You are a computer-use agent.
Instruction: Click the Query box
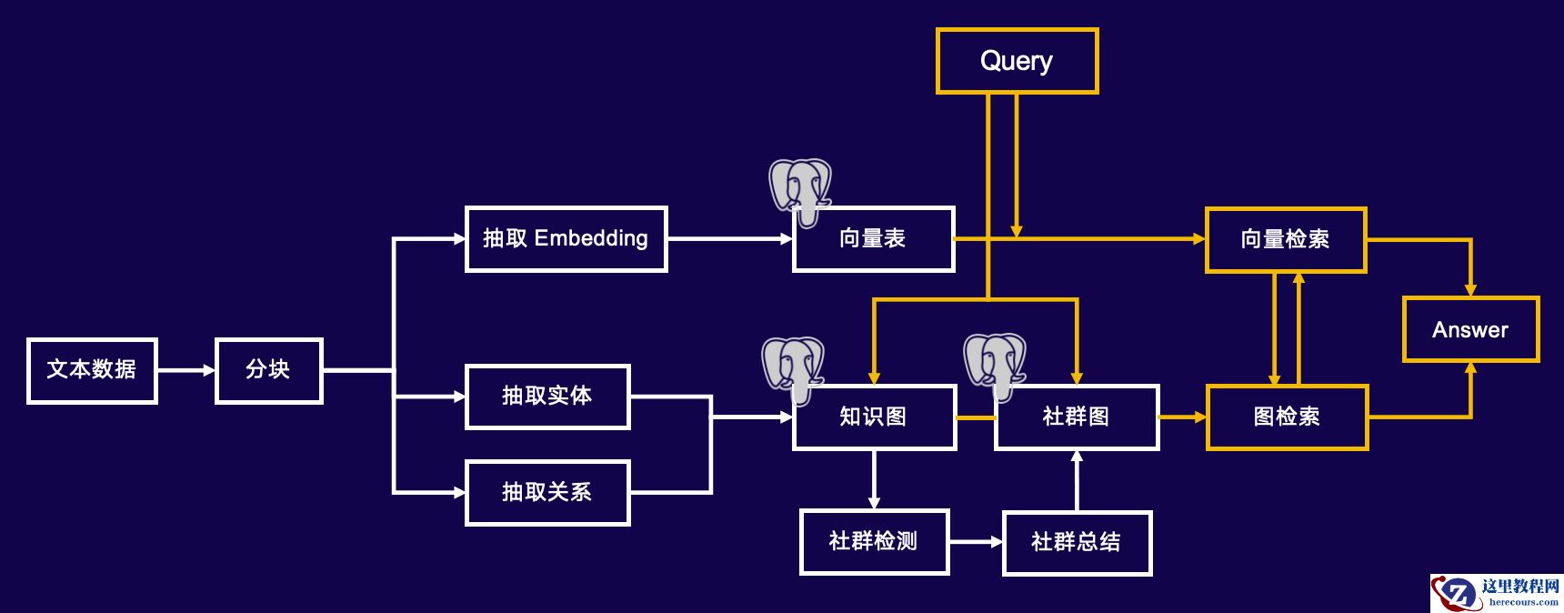1017,61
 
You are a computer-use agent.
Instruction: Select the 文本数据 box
92,370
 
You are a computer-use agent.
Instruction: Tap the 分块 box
268,370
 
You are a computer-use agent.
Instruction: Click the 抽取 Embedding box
566,239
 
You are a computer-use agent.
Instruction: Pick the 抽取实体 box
547,397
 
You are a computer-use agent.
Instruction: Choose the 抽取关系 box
547,493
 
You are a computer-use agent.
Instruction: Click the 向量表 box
873,239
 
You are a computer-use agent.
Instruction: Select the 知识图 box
874,417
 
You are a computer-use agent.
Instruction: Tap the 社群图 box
1077,417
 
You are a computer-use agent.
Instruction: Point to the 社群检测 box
874,542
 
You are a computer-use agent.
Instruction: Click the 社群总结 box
1077,543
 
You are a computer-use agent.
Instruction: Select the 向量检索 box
1286,240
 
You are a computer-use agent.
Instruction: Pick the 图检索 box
1287,417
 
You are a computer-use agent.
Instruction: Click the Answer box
1470,329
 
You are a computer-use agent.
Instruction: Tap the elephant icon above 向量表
800,188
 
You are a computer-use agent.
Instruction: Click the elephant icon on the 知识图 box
793,366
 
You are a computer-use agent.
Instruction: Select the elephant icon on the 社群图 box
995,363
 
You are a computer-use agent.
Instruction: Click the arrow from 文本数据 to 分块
185,370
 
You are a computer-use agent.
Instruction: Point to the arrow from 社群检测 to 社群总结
976,542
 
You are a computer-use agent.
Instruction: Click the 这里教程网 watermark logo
1497,593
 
